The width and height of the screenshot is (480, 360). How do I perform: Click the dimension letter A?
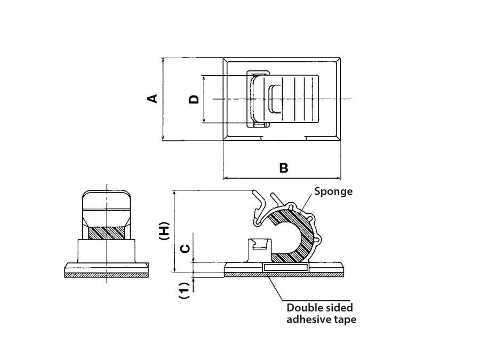coord(153,99)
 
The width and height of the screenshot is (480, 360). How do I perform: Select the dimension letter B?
coord(284,168)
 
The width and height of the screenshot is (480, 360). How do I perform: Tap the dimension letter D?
coord(194,99)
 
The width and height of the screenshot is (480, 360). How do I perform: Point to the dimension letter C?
coord(183,249)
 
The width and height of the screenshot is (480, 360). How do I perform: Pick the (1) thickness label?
coord(184,290)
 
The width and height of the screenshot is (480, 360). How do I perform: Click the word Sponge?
coord(333,191)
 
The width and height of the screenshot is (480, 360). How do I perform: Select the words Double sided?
coord(319,308)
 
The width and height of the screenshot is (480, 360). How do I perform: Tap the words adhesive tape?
coord(321,319)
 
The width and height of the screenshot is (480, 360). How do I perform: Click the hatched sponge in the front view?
coord(106,233)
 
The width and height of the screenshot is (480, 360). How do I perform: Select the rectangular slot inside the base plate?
coord(286,266)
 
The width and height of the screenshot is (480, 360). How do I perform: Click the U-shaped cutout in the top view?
coord(275,99)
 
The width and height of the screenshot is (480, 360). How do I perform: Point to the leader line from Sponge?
coord(308,205)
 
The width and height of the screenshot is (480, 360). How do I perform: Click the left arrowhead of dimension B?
coord(225,178)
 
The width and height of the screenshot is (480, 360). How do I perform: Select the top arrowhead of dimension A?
coord(163,60)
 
